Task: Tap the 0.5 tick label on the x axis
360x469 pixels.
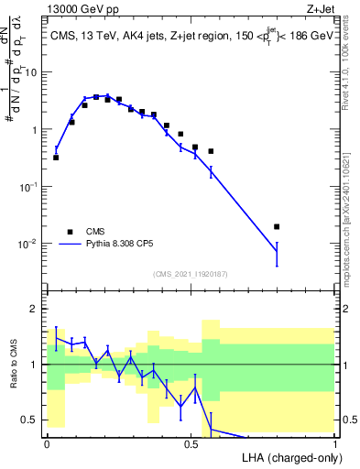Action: [x=191, y=443]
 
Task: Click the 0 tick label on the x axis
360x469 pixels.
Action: [x=47, y=443]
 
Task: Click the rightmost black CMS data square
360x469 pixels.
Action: [x=277, y=226]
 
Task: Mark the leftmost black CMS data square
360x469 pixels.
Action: [x=56, y=158]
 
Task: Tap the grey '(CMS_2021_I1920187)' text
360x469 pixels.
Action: [x=191, y=274]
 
